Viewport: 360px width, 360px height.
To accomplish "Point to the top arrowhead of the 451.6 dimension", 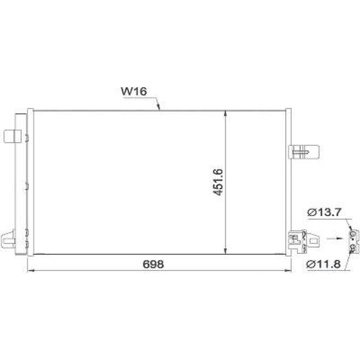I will pyautogui.click(x=228, y=113).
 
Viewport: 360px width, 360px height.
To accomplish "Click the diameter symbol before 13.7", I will pyautogui.click(x=311, y=213).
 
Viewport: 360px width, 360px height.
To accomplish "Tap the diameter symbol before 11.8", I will pyautogui.click(x=311, y=263).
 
